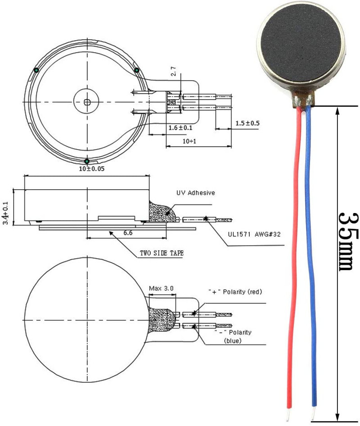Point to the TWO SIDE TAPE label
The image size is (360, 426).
pos(162,253)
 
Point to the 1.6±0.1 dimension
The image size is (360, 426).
pos(180,128)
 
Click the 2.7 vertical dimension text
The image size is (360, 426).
pos(174,72)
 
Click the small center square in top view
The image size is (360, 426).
pos(86,101)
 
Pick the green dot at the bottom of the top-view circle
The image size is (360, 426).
pos(87,161)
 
